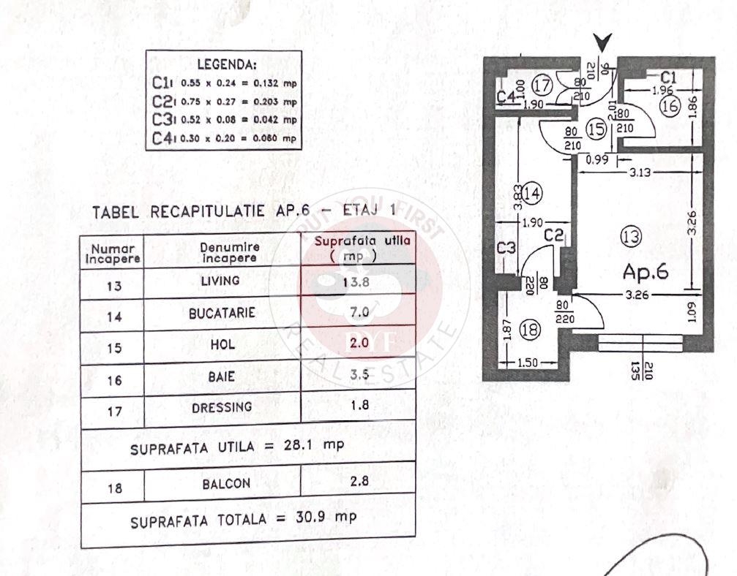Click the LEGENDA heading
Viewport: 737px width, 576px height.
pos(227,64)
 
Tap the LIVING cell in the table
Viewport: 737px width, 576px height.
pos(220,281)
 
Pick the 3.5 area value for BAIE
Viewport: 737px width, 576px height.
pos(359,376)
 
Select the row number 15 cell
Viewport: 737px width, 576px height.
pos(113,348)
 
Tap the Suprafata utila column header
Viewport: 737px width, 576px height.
pos(359,248)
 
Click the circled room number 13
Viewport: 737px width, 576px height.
pos(629,236)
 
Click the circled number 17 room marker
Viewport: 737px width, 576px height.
pos(542,86)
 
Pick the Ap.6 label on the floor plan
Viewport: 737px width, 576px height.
pos(646,271)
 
